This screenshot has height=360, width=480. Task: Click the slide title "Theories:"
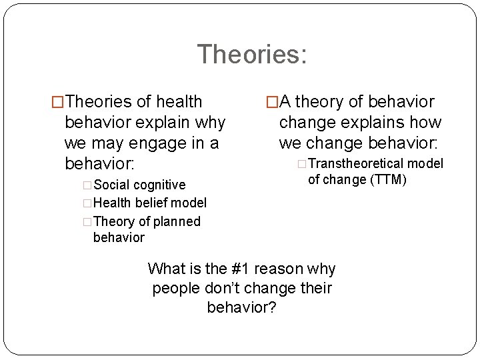point(252,54)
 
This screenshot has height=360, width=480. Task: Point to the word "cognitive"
point(161,185)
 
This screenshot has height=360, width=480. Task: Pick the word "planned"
point(176,221)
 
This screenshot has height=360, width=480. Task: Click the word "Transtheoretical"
point(357,163)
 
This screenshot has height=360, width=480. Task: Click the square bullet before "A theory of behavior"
point(271,102)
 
